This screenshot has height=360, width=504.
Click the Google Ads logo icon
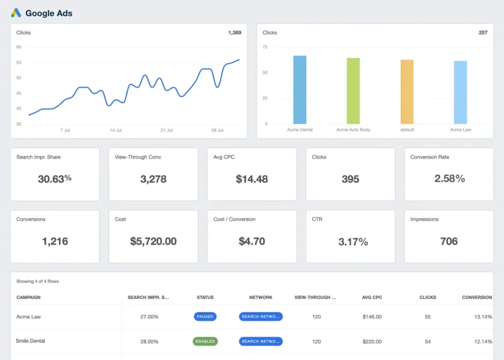click(16, 13)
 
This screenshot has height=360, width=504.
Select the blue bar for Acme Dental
click(300, 90)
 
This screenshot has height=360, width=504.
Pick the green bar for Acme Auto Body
click(353, 91)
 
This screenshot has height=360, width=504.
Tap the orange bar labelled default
click(407, 91)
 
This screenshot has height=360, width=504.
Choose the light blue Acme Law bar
click(460, 92)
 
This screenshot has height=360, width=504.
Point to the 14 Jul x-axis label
click(116, 130)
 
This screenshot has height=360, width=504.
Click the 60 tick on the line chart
click(19, 47)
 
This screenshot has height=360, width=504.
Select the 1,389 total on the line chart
click(234, 33)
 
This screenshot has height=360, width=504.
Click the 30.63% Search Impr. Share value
click(55, 179)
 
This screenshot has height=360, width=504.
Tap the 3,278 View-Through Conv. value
click(153, 179)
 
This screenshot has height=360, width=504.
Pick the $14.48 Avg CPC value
click(252, 179)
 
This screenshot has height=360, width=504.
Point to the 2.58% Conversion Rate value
click(449, 179)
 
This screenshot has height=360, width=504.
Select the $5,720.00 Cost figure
click(153, 241)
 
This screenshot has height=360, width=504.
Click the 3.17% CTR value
click(353, 241)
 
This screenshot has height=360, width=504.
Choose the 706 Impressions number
click(449, 241)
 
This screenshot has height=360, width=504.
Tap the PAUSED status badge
click(205, 317)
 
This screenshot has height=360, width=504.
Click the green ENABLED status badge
click(205, 341)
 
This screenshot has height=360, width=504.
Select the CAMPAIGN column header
click(29, 298)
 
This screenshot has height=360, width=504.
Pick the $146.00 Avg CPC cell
click(372, 317)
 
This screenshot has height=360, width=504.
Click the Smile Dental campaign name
click(31, 341)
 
